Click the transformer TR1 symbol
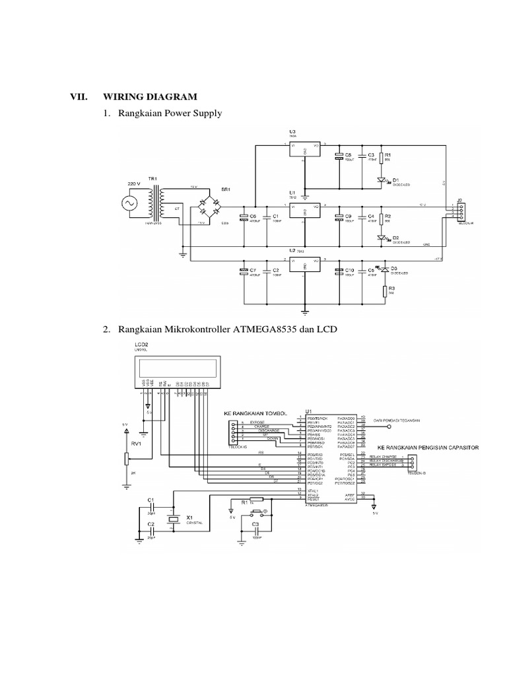click(156, 203)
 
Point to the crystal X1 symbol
click(174, 520)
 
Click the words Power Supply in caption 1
click(196, 114)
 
